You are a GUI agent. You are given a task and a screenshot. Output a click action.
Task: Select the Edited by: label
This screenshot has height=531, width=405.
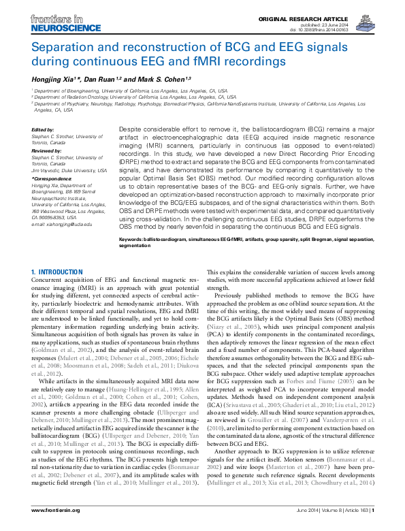44,129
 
